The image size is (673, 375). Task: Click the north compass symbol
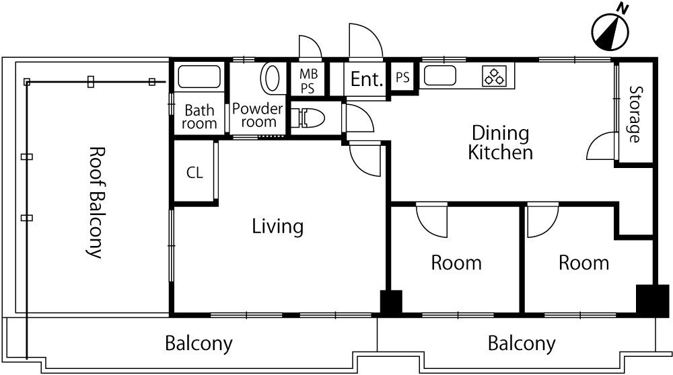[x=610, y=30]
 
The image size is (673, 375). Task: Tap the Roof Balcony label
[x=96, y=202]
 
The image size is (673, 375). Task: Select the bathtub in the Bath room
[x=199, y=77]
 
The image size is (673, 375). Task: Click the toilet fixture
[x=308, y=118]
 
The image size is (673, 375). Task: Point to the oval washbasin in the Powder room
[x=271, y=79]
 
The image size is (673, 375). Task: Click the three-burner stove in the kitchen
[x=494, y=76]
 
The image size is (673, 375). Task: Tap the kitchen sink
[x=440, y=75]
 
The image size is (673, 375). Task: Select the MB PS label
[x=308, y=81]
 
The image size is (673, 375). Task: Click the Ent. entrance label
[x=367, y=79]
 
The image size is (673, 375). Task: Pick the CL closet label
[x=194, y=173]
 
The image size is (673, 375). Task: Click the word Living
[x=277, y=226]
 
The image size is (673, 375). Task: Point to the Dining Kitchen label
[x=501, y=142]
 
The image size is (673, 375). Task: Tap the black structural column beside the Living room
[x=391, y=302]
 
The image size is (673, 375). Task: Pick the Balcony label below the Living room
[x=199, y=343]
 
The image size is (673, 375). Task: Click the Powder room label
[x=258, y=116]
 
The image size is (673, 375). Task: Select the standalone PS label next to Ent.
[x=402, y=77]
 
